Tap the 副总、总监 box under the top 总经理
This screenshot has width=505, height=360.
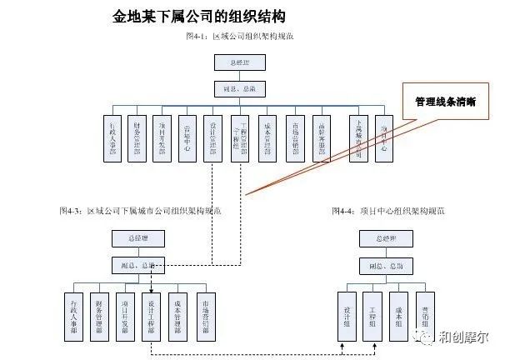(240, 87)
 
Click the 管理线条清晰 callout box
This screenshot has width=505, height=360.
(445, 102)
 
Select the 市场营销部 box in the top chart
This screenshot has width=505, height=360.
(295, 136)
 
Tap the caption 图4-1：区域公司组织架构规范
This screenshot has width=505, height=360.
(239, 37)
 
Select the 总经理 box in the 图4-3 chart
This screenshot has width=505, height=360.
(138, 238)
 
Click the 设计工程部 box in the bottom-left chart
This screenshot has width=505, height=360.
(151, 314)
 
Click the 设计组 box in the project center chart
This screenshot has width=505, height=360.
(347, 314)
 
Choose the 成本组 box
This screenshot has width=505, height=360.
(398, 314)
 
